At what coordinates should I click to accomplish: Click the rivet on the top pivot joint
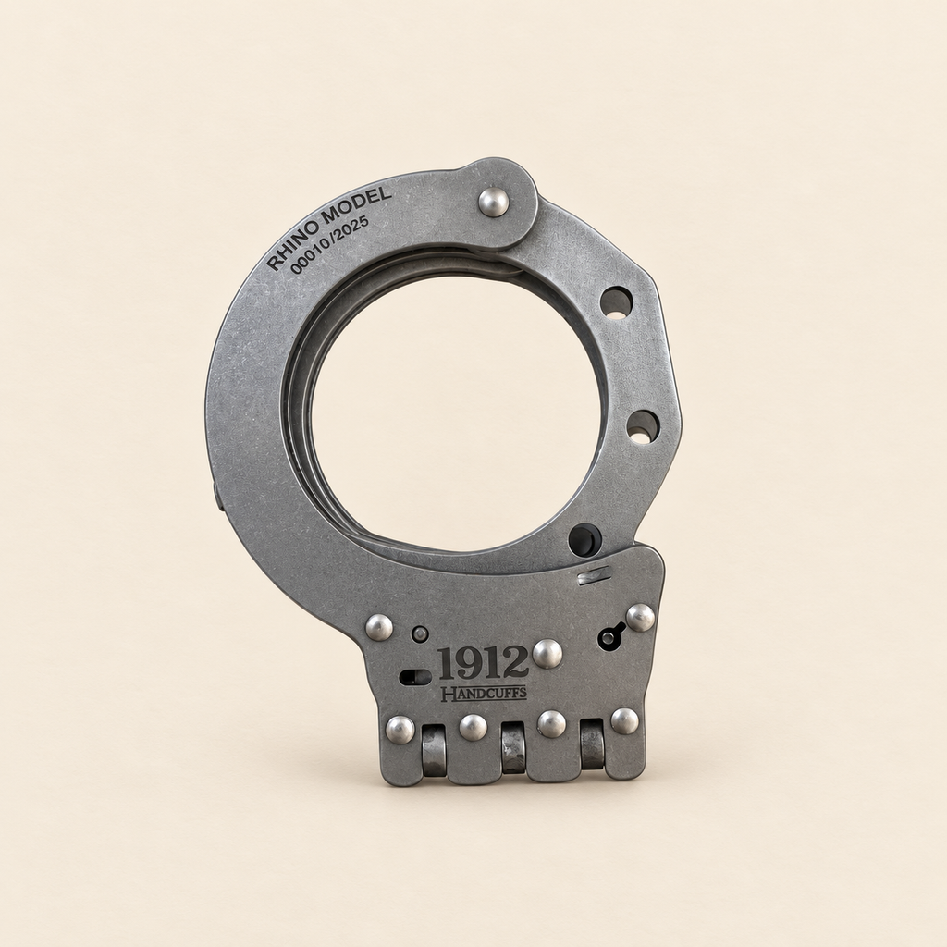[494, 202]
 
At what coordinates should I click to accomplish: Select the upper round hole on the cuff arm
[616, 302]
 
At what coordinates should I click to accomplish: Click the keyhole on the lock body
[611, 637]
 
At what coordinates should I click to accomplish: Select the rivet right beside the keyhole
[641, 617]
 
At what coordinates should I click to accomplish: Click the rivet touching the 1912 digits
[547, 654]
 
